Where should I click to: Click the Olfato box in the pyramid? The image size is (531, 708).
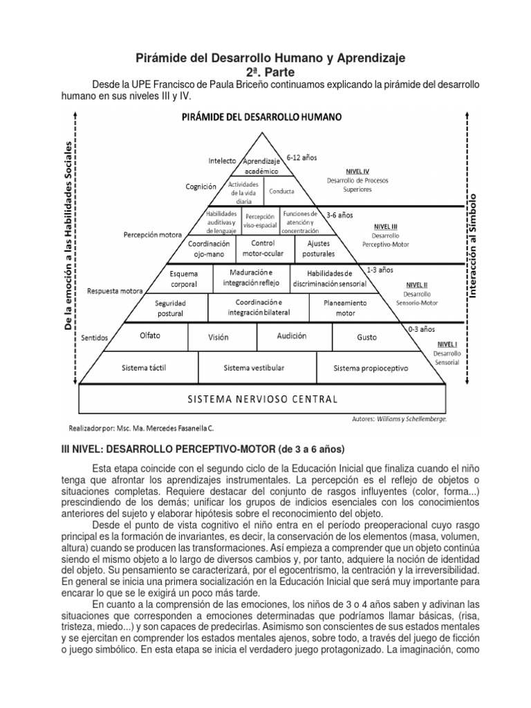pos(150,336)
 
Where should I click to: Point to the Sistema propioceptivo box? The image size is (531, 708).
pos(371,368)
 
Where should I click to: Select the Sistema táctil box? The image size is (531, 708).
pos(143,368)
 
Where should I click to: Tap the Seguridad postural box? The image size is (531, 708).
pos(170,308)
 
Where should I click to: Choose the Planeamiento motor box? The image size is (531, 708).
pos(346,307)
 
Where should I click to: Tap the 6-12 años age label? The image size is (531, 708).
pos(301,158)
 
